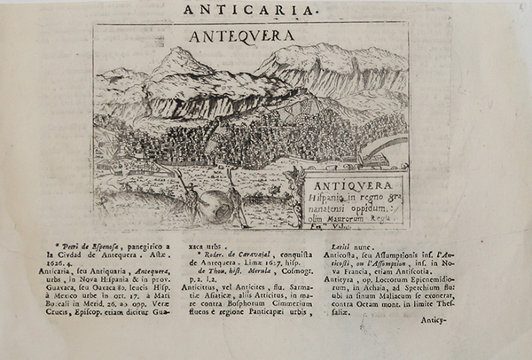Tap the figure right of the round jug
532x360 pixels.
tap(236, 200)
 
